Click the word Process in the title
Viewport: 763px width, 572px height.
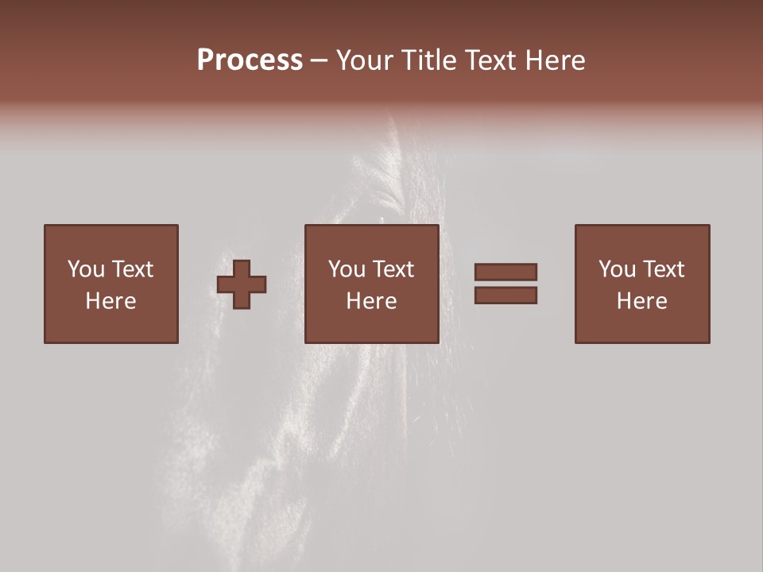coord(250,60)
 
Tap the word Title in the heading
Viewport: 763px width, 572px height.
coord(428,60)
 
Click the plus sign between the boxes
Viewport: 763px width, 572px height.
coord(242,284)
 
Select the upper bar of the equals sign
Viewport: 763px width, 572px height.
coord(505,272)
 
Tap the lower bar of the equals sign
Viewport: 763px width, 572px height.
coord(505,295)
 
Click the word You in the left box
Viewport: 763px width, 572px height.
coord(85,269)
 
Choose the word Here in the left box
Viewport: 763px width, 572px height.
coord(110,301)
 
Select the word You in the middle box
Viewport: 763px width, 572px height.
coord(347,269)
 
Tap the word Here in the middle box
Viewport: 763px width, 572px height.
coord(371,301)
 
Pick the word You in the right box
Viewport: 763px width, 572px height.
coord(617,269)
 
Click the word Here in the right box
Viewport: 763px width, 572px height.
coord(641,301)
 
